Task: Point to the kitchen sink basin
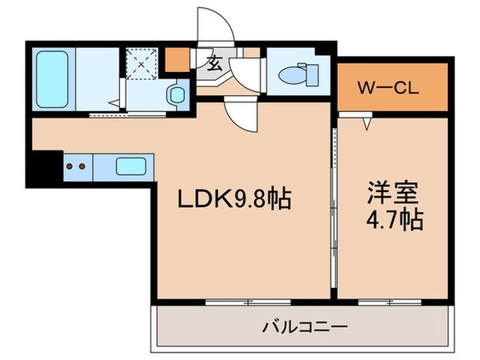tap(131, 167)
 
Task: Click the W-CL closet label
tap(388, 86)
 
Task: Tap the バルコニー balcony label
tap(304, 326)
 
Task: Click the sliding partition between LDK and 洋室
tap(334, 208)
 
